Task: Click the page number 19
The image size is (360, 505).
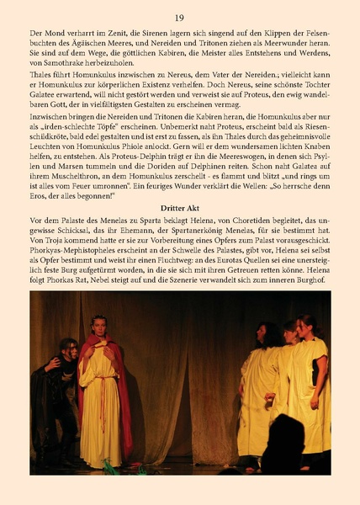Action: coord(179,18)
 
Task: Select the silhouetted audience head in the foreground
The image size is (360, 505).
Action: coord(283,446)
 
